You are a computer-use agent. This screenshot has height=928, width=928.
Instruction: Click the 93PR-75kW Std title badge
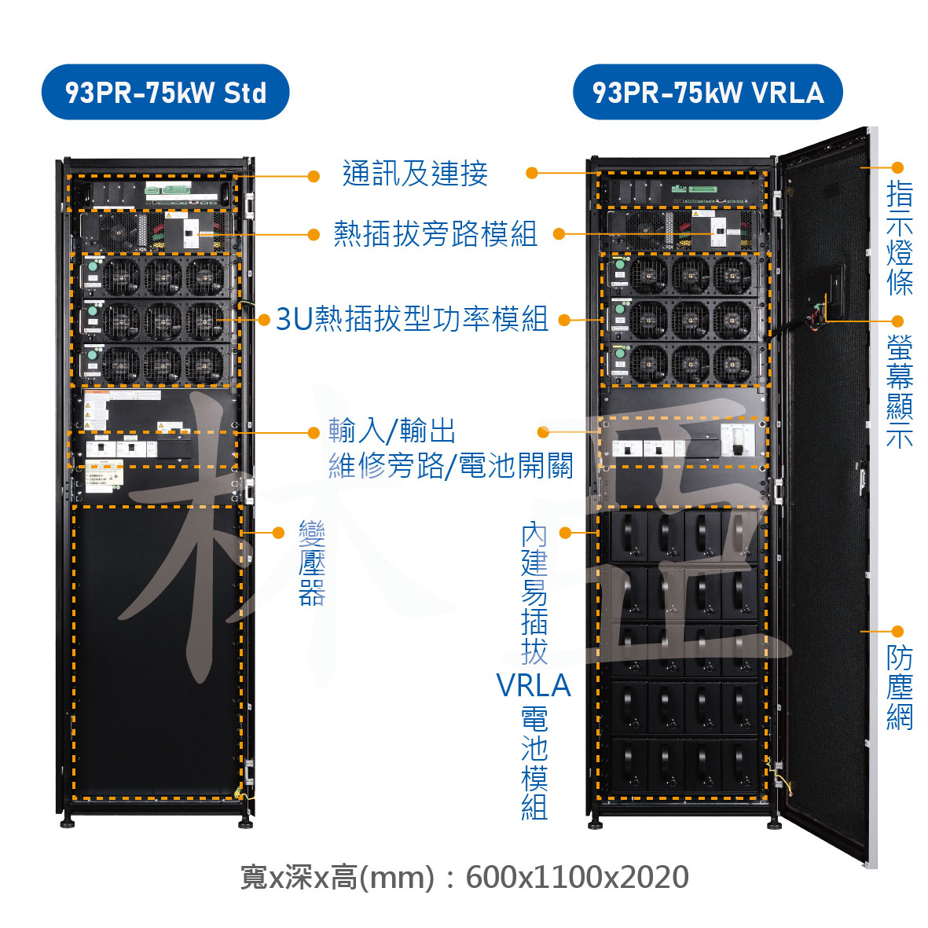click(165, 93)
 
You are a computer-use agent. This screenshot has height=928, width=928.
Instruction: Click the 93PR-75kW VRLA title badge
click(707, 93)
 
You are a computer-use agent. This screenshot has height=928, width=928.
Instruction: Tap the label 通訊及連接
click(415, 174)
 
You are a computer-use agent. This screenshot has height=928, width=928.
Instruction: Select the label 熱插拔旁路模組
click(435, 234)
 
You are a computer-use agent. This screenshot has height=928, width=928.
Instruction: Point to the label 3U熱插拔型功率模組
click(412, 319)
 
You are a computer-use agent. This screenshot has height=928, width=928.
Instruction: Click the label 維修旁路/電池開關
click(450, 466)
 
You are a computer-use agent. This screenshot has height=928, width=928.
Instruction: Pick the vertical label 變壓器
click(312, 563)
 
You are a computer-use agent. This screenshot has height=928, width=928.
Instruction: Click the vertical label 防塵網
click(900, 688)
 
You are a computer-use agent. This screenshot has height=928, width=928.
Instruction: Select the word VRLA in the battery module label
click(534, 686)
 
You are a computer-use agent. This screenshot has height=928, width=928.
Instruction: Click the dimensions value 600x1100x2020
click(577, 877)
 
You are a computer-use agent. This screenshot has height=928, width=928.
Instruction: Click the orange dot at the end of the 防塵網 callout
click(898, 632)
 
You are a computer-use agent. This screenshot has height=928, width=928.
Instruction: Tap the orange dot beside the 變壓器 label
click(278, 533)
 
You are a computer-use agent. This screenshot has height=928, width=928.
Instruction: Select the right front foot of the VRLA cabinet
click(774, 823)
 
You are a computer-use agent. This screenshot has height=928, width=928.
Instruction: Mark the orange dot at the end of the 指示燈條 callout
click(898, 167)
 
